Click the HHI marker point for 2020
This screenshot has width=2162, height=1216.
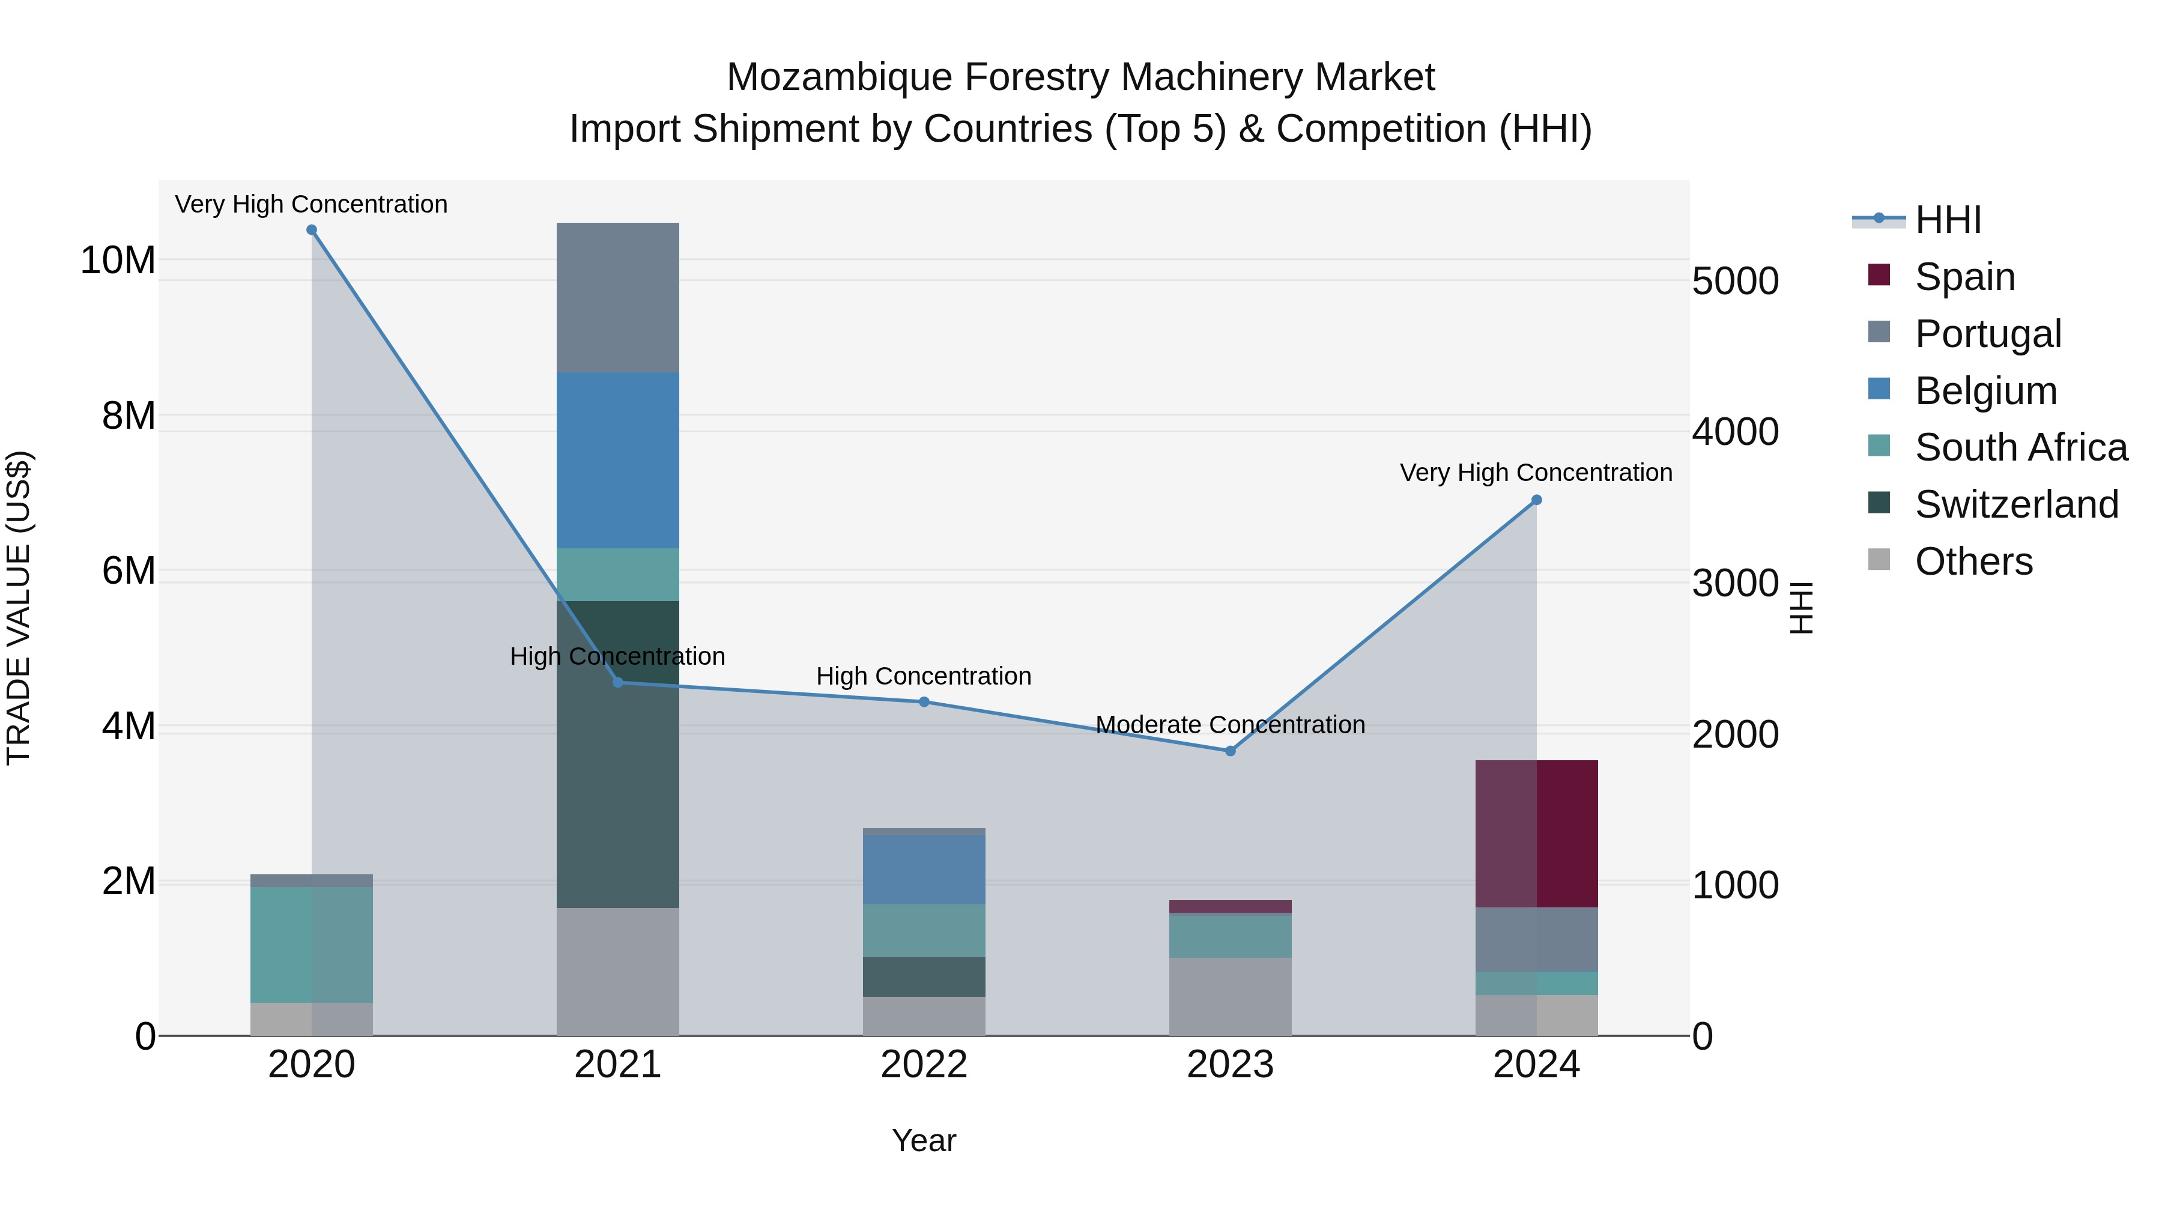click(311, 230)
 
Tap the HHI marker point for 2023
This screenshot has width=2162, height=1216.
click(1231, 751)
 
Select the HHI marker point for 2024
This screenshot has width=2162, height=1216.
click(1537, 500)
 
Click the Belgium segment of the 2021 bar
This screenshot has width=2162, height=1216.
click(618, 460)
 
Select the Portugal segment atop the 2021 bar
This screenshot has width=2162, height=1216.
click(618, 297)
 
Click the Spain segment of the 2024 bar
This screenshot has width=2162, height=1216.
click(1537, 833)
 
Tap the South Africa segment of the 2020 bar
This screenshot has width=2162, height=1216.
click(311, 944)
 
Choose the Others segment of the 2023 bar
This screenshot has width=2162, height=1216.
click(1231, 996)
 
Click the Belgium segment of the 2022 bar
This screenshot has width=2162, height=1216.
click(924, 870)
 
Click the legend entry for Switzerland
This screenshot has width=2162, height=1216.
click(2016, 504)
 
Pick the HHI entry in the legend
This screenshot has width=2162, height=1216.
click(1947, 220)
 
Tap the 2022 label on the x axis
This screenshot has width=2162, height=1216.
click(924, 1065)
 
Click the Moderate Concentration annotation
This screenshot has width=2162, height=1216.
click(1231, 724)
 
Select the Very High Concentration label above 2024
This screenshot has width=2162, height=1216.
click(1536, 473)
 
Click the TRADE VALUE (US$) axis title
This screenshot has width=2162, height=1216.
click(19, 608)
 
